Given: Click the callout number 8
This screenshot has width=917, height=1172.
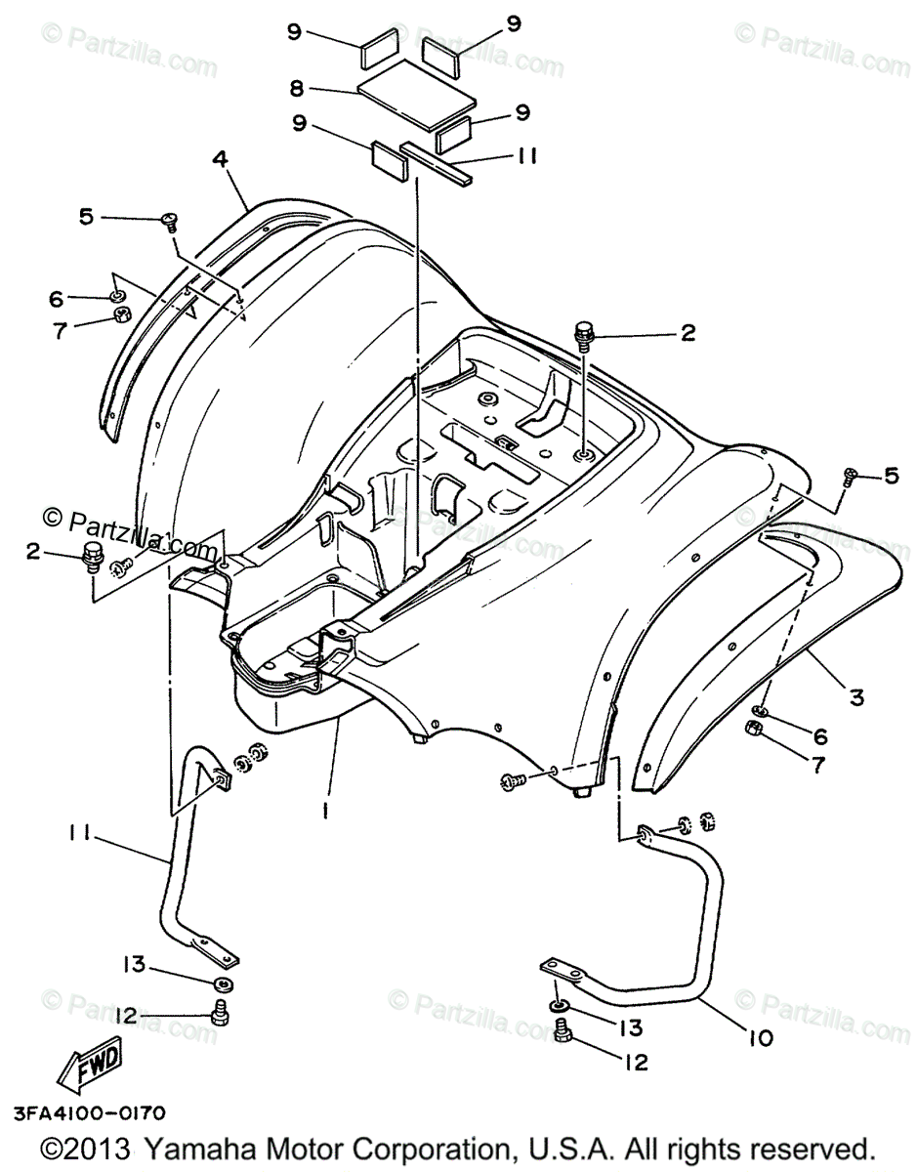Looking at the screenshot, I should pyautogui.click(x=294, y=89).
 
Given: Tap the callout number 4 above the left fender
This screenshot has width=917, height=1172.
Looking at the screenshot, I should pyautogui.click(x=222, y=158).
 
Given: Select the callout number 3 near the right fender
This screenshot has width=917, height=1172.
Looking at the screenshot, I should pyautogui.click(x=855, y=697).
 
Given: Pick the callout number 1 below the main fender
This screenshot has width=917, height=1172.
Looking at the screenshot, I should pyautogui.click(x=325, y=810).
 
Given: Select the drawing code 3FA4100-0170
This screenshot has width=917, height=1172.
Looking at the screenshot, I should pyautogui.click(x=89, y=1113).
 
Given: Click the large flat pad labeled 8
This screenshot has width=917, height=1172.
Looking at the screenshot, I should pyautogui.click(x=417, y=94).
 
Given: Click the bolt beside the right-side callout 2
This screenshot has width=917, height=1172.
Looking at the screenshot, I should pyautogui.click(x=586, y=335).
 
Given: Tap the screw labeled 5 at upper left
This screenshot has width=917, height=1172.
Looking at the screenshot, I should pyautogui.click(x=168, y=220).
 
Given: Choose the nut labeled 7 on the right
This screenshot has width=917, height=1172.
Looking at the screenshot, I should pyautogui.click(x=754, y=729).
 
